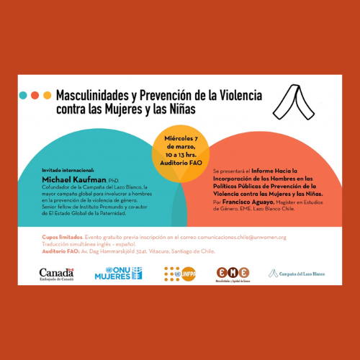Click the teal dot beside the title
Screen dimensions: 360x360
pos(24,95)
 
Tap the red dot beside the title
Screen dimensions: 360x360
pos(35,95)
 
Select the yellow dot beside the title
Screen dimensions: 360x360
pos(47,95)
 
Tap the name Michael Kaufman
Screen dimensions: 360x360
pos(72,179)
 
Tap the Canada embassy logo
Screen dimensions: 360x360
pos(58,274)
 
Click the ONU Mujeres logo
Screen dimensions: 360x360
pos(118,273)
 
